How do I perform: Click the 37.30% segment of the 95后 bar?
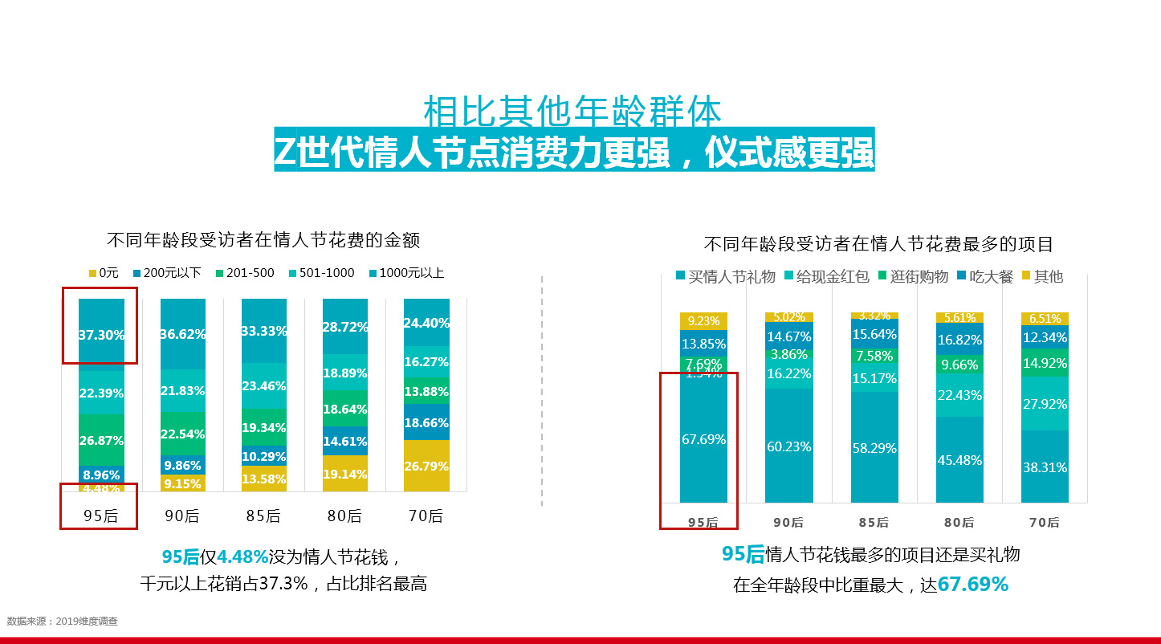(x=101, y=335)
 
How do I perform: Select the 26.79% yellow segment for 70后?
(x=426, y=466)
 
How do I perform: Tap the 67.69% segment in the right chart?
(x=703, y=439)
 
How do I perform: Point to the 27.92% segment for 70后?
(x=1045, y=404)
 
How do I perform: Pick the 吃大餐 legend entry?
(x=984, y=277)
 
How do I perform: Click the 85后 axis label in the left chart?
(x=263, y=516)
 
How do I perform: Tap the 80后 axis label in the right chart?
(x=959, y=522)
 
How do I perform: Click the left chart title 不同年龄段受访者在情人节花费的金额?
(x=263, y=240)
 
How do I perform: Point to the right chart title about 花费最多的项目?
(x=878, y=244)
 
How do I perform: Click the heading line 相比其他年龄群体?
(x=572, y=113)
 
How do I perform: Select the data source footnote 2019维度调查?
(x=63, y=621)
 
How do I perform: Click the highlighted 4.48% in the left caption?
(x=242, y=556)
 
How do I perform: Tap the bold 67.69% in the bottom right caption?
(x=972, y=585)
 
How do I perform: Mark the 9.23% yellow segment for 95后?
(x=703, y=320)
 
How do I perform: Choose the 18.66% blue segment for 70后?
(x=426, y=422)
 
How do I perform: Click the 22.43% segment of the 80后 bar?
(x=959, y=395)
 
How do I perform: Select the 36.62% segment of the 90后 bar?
(x=183, y=333)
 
